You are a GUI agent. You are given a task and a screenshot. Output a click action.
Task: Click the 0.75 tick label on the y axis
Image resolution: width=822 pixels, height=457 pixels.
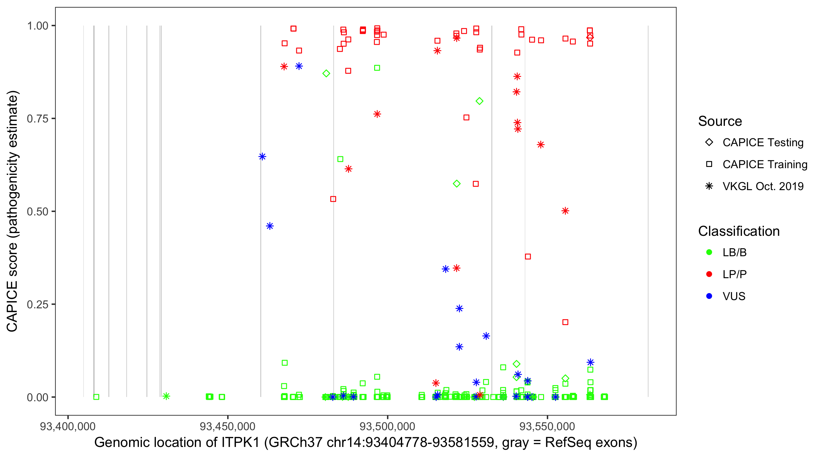tap(37, 119)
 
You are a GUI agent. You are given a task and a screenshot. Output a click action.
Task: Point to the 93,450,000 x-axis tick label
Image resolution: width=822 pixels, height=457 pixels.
tap(227, 426)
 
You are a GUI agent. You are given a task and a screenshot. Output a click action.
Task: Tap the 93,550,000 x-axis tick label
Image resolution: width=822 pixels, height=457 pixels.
tap(547, 426)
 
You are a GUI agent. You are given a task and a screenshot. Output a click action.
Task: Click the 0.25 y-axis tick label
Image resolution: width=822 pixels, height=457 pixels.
tap(37, 304)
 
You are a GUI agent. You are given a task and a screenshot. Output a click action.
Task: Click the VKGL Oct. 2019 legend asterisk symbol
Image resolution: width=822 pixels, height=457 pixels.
tap(709, 186)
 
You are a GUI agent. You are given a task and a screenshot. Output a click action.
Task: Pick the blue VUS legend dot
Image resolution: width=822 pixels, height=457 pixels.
tap(709, 296)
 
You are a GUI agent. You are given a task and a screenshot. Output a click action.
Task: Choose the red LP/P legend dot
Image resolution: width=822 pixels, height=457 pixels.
tap(709, 274)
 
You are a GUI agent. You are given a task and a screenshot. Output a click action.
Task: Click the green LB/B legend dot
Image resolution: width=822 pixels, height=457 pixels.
tap(709, 252)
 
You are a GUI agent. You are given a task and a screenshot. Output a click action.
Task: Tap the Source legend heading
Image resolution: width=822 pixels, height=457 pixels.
tap(720, 121)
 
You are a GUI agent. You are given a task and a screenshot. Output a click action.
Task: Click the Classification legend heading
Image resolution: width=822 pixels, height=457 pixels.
tap(739, 231)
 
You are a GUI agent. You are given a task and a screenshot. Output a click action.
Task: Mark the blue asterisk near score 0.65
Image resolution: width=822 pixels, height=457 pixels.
tap(262, 157)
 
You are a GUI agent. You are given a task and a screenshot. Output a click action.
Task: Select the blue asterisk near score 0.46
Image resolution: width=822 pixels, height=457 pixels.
tap(270, 226)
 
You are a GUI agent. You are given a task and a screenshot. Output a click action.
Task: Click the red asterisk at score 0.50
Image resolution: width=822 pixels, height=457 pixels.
tap(565, 211)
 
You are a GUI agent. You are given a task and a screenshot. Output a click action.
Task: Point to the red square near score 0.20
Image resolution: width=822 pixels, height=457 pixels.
tap(565, 322)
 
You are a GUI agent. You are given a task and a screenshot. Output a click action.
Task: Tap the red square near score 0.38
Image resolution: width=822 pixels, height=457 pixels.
tap(528, 257)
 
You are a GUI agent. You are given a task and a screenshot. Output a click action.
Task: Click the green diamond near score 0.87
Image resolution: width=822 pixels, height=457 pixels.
tap(326, 73)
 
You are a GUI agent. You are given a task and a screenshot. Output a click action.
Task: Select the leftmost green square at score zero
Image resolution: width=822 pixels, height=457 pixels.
tap(96, 397)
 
